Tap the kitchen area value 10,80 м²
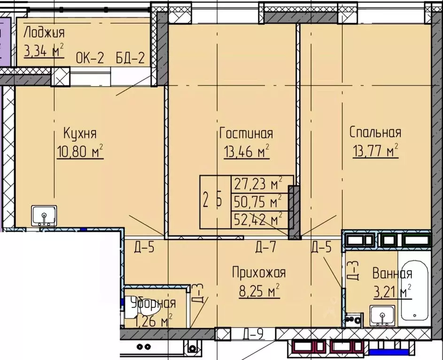(79, 153)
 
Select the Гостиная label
(246, 133)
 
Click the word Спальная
(375, 133)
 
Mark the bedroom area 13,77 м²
(375, 151)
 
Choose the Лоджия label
(44, 33)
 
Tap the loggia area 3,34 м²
(44, 50)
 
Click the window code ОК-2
(89, 60)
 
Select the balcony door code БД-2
(129, 60)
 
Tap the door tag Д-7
(265, 246)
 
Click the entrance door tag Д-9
(253, 335)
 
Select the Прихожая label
(259, 272)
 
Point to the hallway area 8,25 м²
(259, 291)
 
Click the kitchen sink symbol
(44, 216)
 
